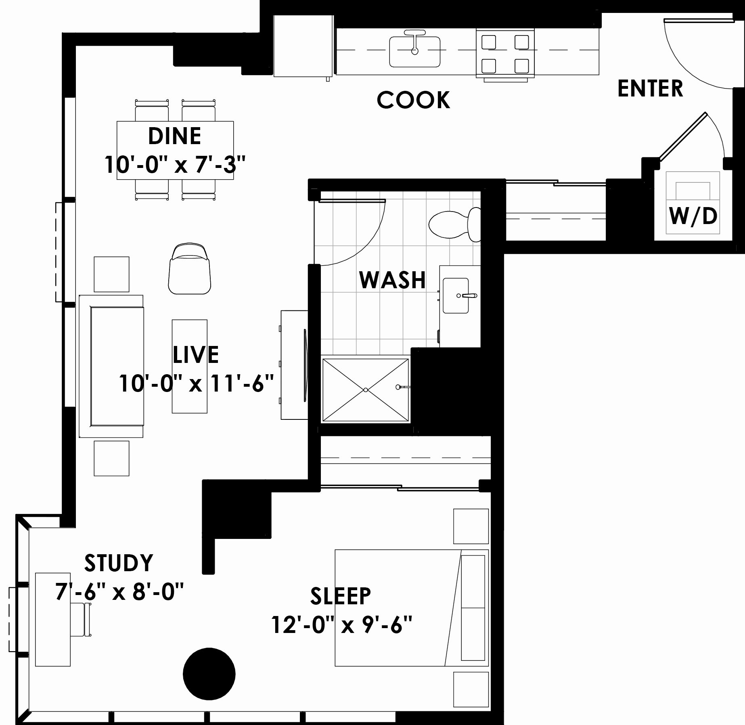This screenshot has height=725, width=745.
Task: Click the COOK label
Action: pyautogui.click(x=413, y=100)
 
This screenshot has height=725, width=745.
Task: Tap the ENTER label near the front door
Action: pyautogui.click(x=650, y=89)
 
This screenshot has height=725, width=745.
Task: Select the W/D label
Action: pyautogui.click(x=693, y=216)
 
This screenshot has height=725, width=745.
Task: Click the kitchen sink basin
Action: pyautogui.click(x=414, y=52)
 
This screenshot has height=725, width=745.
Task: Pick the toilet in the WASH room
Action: pyautogui.click(x=452, y=224)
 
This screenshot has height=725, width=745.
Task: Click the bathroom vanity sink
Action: pyautogui.click(x=456, y=295)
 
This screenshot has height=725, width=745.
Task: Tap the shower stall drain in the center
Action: pyautogui.click(x=365, y=390)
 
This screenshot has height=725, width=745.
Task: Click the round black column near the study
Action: pyautogui.click(x=209, y=674)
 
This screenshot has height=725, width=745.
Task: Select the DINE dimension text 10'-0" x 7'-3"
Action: pyautogui.click(x=175, y=165)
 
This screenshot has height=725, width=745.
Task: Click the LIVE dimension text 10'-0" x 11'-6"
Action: pyautogui.click(x=197, y=383)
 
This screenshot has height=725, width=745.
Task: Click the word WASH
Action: pyautogui.click(x=392, y=280)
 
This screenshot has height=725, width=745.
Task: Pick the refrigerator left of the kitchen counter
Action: pyautogui.click(x=302, y=46)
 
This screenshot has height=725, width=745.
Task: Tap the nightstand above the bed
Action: pyautogui.click(x=471, y=526)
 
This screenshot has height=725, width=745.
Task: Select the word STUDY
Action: pyautogui.click(x=119, y=563)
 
